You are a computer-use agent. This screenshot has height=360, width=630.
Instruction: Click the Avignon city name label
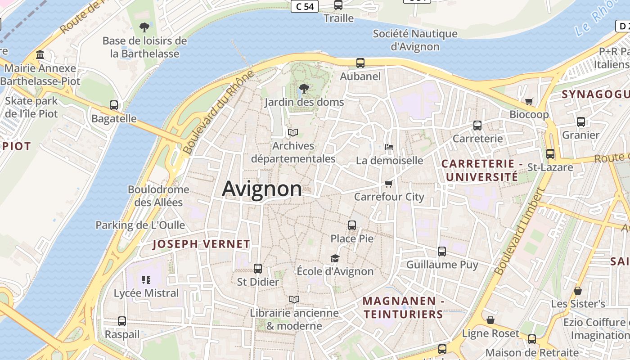262,189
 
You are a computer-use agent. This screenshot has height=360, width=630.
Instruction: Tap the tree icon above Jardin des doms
304,89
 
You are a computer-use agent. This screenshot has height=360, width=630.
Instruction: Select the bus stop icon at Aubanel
360,63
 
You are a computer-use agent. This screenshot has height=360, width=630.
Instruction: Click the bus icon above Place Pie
352,225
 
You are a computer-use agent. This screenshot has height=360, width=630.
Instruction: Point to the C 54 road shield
305,6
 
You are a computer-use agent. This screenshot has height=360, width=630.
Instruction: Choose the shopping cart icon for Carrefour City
389,184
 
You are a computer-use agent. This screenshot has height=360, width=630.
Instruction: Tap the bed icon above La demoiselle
389,147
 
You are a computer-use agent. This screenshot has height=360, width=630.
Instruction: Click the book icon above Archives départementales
293,133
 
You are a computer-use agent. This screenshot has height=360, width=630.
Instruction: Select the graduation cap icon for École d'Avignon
335,258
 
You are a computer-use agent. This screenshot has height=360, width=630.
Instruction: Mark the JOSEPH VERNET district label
201,244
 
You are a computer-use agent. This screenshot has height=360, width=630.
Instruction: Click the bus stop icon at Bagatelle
114,105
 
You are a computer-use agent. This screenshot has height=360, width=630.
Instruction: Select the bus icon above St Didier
258,269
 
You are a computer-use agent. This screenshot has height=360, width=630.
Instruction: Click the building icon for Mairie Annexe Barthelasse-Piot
40,55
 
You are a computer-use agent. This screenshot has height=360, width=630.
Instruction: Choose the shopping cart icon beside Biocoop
529,101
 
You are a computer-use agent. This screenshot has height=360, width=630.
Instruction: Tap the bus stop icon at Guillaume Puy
442,252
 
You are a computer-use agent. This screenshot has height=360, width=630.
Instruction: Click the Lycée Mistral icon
146,280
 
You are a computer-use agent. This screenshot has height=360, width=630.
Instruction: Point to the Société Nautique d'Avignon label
415,40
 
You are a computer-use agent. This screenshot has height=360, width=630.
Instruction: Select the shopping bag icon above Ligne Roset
490,320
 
